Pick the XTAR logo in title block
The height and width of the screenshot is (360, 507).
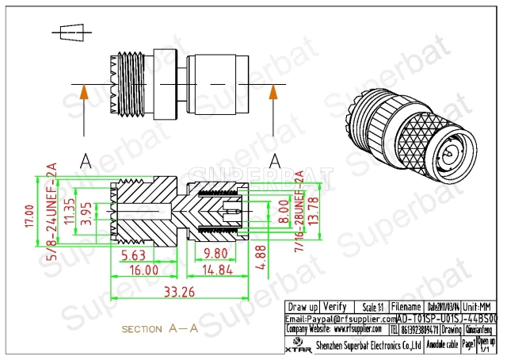point(296,346)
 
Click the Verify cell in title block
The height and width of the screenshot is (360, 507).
point(335,307)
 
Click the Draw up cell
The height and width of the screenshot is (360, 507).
point(303,307)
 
